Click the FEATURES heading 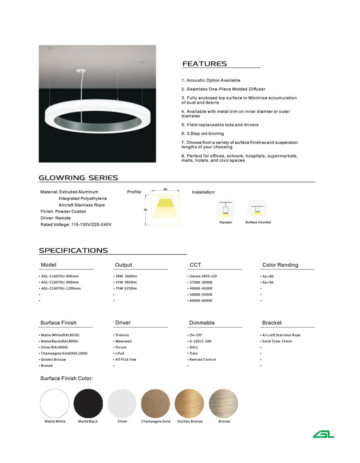204,64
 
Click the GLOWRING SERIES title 78,178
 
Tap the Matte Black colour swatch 88,403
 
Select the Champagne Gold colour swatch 156,403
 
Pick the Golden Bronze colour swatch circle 189,403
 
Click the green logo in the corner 324,434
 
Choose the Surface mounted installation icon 258,209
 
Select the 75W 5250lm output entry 126,288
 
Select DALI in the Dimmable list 196,347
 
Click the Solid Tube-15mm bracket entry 277,341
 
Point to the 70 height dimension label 145,210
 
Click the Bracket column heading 272,323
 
